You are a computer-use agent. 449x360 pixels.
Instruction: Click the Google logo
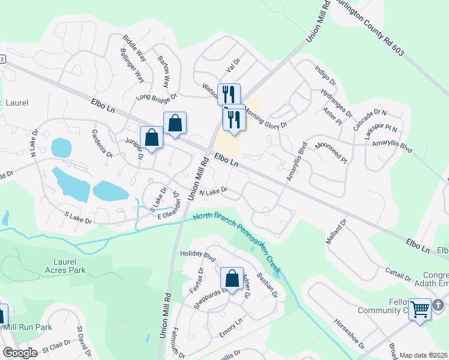[20, 353]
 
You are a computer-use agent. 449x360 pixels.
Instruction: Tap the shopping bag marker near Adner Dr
[232, 278]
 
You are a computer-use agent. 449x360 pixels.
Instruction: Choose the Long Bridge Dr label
[157, 97]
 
